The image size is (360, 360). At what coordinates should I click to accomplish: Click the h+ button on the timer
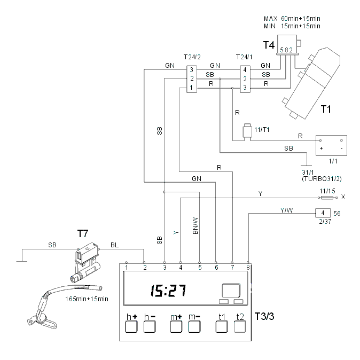point(131,326)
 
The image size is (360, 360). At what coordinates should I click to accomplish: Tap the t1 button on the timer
point(222,326)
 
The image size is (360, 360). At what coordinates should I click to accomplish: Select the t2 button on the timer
point(240,326)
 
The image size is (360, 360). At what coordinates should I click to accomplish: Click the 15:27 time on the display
point(168,291)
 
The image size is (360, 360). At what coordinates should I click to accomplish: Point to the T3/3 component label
point(264,316)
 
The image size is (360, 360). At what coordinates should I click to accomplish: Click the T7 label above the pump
point(83,234)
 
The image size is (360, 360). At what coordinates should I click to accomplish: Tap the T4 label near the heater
point(269,45)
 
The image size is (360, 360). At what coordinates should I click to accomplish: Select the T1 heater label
point(326,109)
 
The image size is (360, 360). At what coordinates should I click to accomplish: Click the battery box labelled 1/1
point(331,145)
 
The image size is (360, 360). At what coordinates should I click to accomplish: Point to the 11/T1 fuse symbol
point(247,131)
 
